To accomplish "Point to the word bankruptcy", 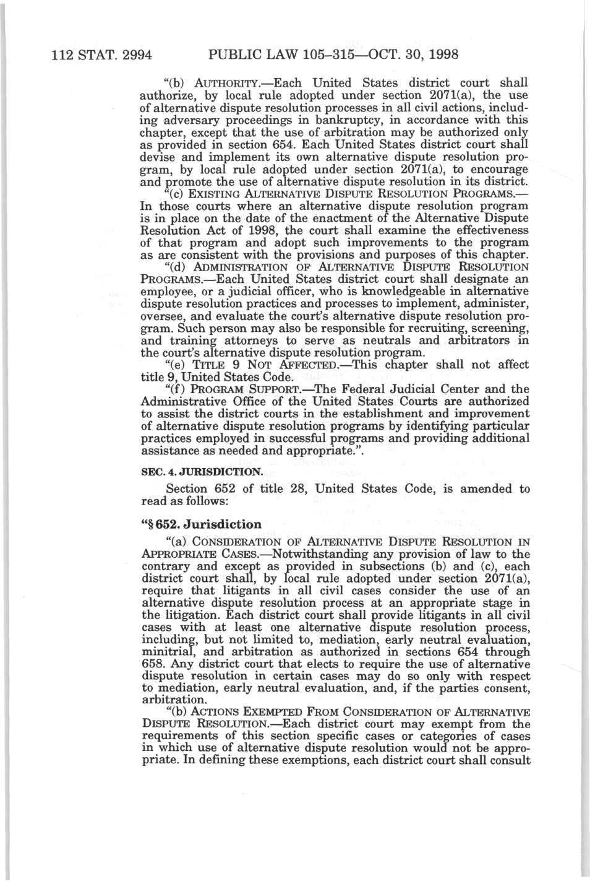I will click(330, 119).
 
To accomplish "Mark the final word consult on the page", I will click(511, 760).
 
